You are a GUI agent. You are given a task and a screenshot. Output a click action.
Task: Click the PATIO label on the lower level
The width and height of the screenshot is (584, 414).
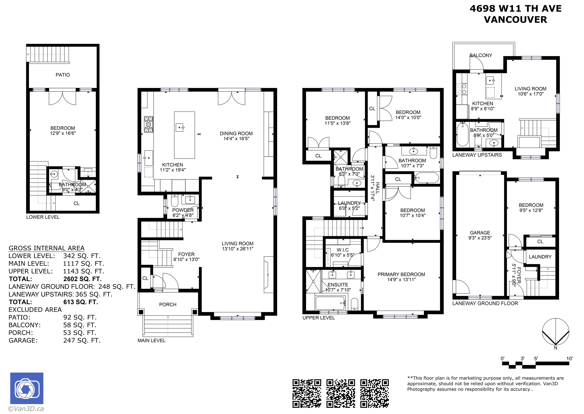click(63, 75)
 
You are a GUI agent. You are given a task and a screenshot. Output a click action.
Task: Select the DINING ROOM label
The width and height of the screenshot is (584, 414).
click(236, 133)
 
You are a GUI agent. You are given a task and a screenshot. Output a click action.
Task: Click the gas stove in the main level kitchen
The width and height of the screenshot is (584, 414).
click(148, 124)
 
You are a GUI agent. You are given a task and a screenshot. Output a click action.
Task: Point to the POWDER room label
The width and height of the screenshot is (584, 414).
click(183, 210)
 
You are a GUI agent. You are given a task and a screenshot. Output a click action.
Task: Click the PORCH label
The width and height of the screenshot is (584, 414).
click(168, 304)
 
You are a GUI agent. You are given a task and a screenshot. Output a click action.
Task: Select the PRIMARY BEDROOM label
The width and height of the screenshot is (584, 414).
click(401, 274)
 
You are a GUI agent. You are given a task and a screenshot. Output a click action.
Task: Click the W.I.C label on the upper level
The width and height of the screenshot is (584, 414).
click(343, 250)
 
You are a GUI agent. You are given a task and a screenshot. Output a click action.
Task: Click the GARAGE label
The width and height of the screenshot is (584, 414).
click(480, 233)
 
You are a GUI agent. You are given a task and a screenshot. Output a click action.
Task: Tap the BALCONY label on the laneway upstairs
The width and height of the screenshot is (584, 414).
click(481, 55)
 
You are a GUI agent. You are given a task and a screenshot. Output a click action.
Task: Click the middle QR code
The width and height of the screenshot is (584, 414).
click(341, 393)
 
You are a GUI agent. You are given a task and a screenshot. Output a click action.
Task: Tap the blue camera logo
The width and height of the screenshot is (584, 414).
click(27, 388)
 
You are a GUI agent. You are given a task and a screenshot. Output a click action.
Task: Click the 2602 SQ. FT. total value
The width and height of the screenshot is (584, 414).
click(82, 279)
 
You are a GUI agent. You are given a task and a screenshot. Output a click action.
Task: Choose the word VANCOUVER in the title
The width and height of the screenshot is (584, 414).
click(515, 20)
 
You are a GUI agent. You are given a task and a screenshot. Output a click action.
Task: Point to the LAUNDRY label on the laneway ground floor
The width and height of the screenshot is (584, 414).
click(540, 257)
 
